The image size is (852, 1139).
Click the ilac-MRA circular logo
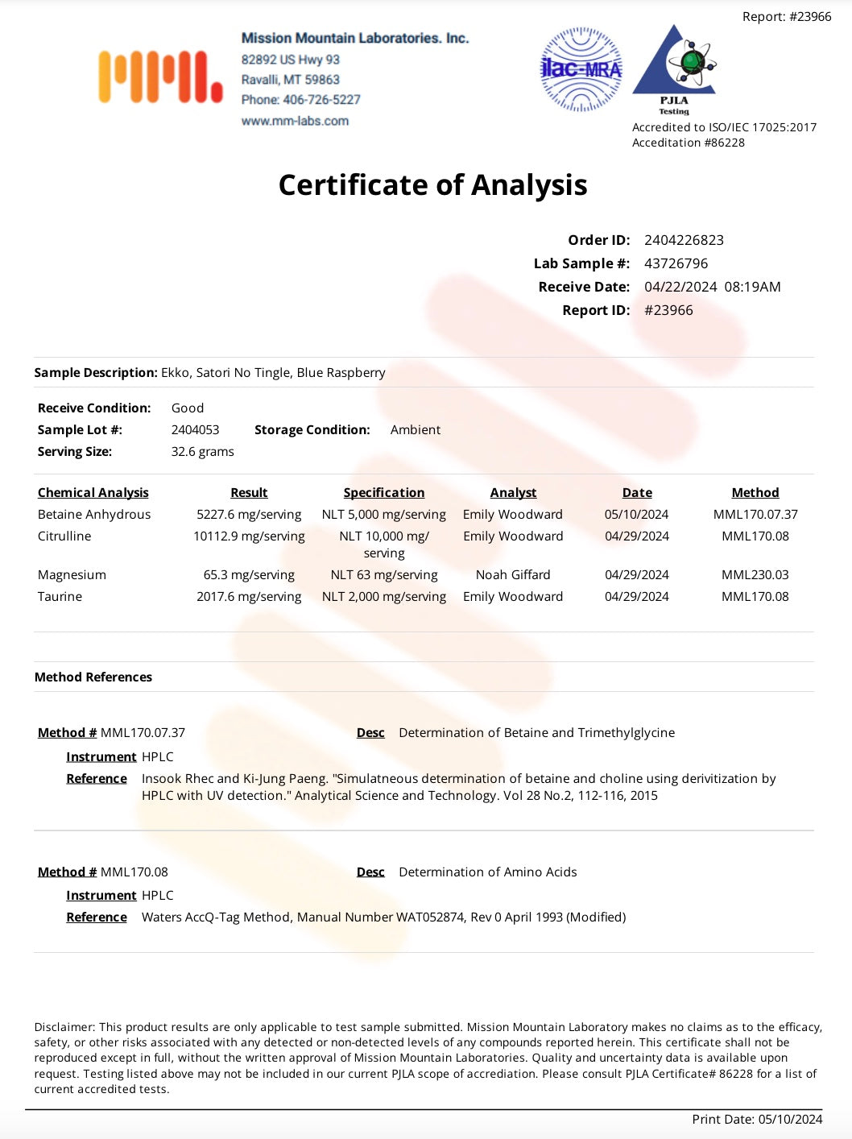[581, 69]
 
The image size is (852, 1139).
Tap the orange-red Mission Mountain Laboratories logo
[160, 77]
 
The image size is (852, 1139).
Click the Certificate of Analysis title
[432, 184]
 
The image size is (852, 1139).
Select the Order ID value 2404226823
[684, 240]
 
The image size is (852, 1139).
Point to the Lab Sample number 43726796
[676, 263]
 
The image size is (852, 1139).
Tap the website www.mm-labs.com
[295, 121]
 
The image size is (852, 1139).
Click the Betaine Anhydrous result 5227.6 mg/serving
[249, 515]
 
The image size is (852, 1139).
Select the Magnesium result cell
[249, 575]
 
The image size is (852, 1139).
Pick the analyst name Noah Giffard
[513, 575]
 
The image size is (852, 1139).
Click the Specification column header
[384, 493]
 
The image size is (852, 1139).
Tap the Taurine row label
[60, 597]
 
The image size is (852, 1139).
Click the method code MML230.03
[755, 575]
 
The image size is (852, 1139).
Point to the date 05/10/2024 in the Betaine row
[636, 515]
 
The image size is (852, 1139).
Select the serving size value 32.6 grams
[202, 452]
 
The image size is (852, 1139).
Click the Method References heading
[93, 677]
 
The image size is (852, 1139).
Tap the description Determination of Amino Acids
[487, 872]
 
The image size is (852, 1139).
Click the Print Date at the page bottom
[757, 1119]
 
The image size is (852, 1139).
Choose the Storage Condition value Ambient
[415, 430]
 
